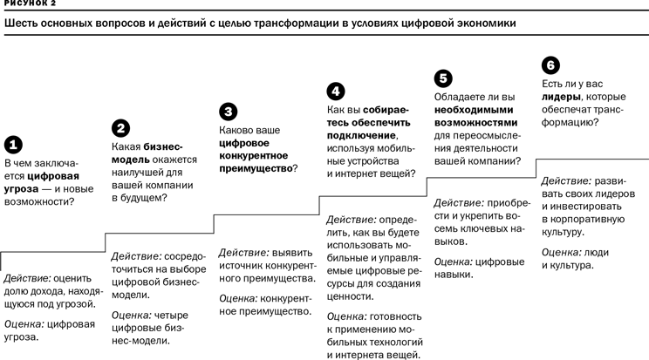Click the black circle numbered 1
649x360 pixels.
point(14,144)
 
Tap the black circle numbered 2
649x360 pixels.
point(121,127)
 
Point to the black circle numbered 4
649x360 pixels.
point(336,90)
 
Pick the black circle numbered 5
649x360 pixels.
point(443,78)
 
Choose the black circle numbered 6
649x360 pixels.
point(550,65)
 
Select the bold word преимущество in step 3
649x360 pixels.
point(255,168)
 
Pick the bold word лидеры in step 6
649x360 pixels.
point(560,97)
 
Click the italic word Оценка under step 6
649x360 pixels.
point(562,251)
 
